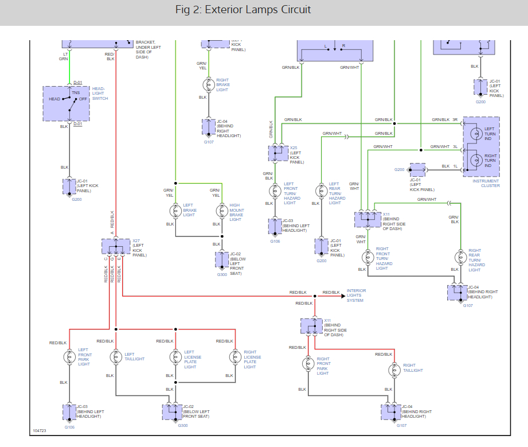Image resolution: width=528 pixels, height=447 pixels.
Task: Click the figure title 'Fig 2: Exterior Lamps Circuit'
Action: pos(243,10)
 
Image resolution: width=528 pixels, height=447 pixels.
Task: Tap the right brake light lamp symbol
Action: pos(208,84)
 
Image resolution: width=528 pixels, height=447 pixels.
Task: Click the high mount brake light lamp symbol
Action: pos(221,211)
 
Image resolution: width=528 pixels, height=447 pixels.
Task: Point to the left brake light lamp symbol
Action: pos(175,211)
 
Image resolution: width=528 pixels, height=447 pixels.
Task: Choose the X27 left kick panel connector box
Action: pos(116,246)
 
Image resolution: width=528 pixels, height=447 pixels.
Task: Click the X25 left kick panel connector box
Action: pos(278,153)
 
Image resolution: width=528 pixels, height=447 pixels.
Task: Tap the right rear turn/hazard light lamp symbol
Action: pos(459,258)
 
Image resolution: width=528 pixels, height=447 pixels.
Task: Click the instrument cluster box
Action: pos(481,147)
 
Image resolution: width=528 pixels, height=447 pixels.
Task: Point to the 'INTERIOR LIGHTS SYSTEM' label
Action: pos(355,296)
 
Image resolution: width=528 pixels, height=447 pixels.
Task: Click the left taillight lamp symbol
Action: pos(116,356)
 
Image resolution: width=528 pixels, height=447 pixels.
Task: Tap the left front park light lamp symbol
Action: pos(69,356)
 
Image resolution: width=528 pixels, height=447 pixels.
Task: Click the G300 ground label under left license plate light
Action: pos(183,425)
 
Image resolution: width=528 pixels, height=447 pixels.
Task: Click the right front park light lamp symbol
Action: pos(307,364)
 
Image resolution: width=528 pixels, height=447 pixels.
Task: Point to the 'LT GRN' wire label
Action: pos(64,56)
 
